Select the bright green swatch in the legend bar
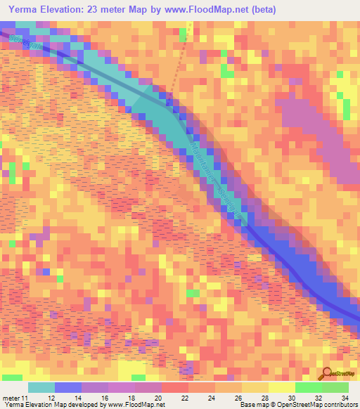[x=309, y=388]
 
